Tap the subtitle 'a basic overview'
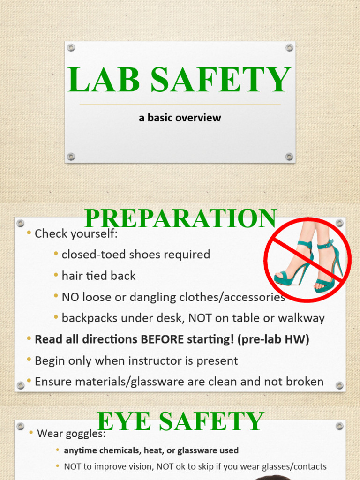click(180, 118)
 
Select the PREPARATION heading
click(180, 219)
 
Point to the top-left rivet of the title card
click(71, 47)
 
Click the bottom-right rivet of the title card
click(289, 157)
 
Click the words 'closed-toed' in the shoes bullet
click(89, 255)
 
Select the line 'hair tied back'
click(98, 276)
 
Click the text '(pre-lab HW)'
click(279, 339)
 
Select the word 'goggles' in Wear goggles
click(85, 434)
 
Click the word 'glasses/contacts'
click(295, 466)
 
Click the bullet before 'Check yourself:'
click(30, 233)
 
